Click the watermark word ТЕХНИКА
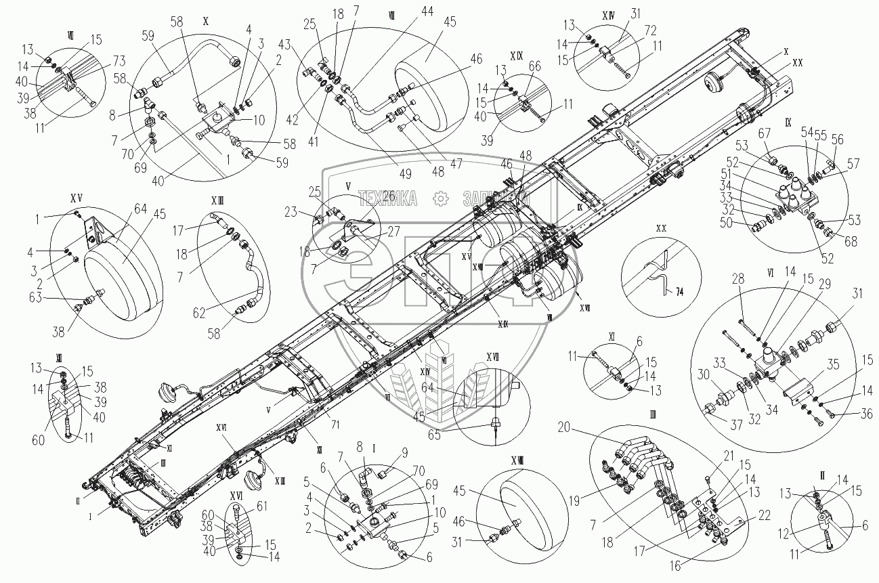pos(388,197)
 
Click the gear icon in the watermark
pos(441,198)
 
